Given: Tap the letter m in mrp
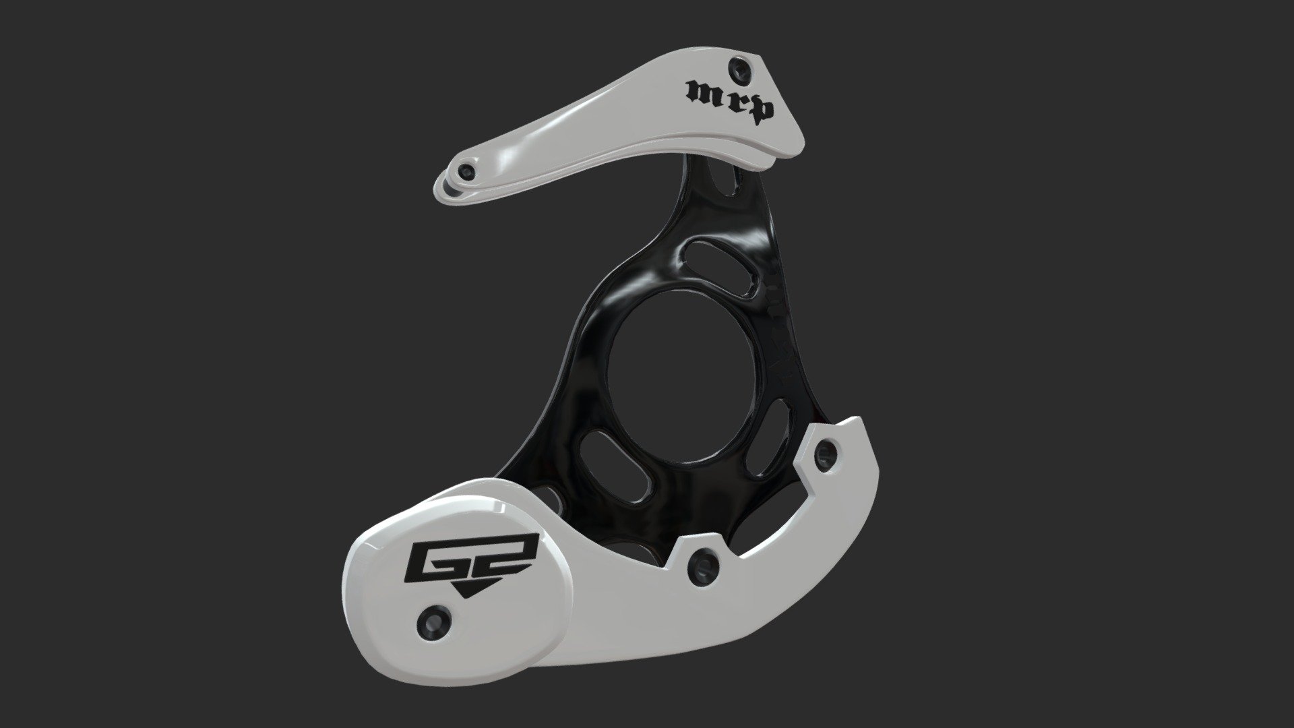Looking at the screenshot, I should [x=701, y=92].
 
